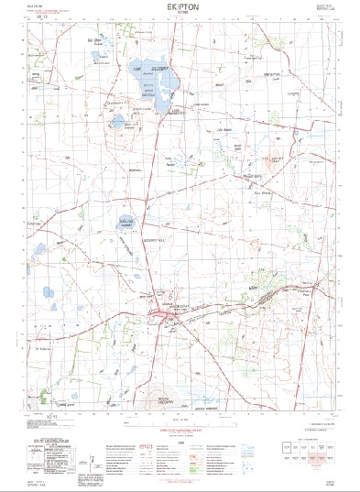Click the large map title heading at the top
click(x=180, y=5)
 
